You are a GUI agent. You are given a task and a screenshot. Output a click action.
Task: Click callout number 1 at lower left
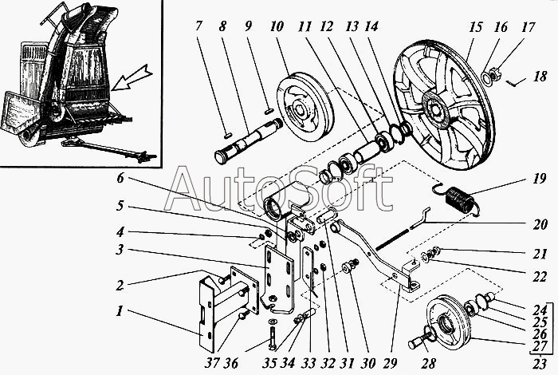click(118, 310)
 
